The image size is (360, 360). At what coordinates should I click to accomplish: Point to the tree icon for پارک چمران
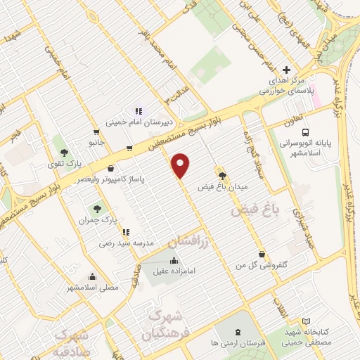(x=96, y=208)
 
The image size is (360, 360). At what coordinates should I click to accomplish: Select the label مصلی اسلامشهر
(x=93, y=288)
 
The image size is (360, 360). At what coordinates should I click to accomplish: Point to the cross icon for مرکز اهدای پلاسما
(x=286, y=70)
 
